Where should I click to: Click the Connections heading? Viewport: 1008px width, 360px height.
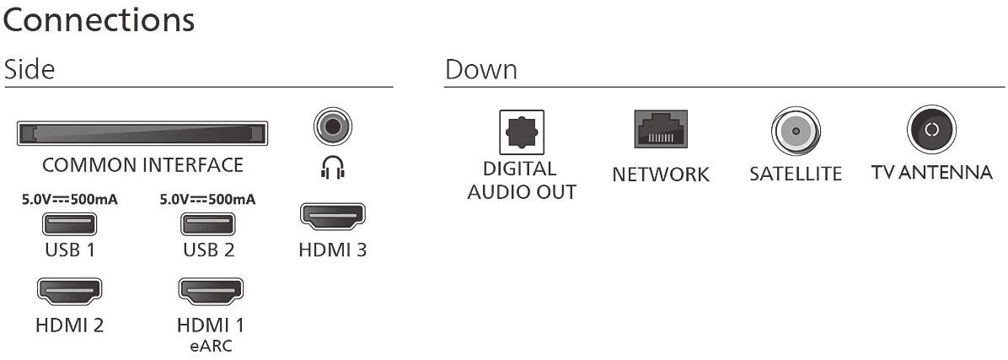[99, 20]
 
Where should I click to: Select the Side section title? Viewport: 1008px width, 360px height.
[29, 70]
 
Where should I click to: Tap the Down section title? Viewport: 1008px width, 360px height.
[481, 70]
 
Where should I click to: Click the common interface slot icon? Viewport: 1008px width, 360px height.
[142, 133]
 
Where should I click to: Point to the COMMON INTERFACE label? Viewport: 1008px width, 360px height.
[142, 164]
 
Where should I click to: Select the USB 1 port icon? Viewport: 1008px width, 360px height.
[70, 225]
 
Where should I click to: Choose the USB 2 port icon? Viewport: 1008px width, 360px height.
[208, 225]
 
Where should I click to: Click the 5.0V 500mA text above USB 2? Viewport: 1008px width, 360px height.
[207, 200]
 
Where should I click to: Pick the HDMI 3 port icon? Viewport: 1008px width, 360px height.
[333, 217]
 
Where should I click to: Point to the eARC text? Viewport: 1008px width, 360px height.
[208, 345]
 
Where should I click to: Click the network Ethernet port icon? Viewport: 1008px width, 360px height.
[661, 131]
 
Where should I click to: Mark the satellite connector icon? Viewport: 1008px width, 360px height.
[795, 132]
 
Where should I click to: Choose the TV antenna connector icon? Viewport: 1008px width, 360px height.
[931, 130]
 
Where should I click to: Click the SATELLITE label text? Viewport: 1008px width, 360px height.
[795, 175]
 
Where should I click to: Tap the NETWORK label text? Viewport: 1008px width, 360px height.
[661, 175]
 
